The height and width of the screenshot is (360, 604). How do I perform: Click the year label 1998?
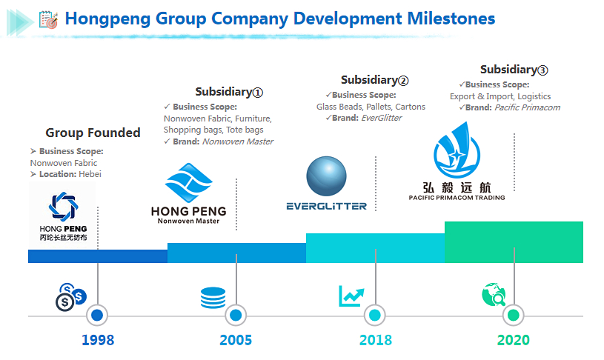[98, 340]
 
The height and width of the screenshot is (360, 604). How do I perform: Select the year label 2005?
[236, 340]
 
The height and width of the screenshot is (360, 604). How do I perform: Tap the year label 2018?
[376, 340]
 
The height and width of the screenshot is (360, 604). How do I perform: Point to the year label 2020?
[514, 340]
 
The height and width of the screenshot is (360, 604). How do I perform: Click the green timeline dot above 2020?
[514, 316]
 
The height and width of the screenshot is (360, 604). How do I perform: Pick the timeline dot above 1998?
[97, 316]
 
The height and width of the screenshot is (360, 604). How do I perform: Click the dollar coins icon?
[71, 297]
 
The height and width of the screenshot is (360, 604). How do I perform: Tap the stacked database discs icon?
[213, 298]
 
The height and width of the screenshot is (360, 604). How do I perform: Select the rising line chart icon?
[351, 296]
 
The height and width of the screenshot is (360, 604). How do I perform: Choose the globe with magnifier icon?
[494, 295]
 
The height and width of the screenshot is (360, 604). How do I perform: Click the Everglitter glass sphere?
[326, 176]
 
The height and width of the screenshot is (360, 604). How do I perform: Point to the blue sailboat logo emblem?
[457, 150]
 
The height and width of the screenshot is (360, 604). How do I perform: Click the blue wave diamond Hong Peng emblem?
[189, 182]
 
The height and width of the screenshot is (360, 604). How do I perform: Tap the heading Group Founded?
[93, 133]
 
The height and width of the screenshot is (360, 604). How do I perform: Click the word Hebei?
[90, 174]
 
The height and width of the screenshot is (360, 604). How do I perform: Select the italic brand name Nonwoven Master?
[238, 141]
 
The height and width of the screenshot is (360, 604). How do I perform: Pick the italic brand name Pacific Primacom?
[528, 107]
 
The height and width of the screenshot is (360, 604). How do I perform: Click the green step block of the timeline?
[514, 242]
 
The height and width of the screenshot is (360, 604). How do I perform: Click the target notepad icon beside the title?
[48, 19]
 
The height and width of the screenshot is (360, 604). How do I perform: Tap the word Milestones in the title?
[451, 19]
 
